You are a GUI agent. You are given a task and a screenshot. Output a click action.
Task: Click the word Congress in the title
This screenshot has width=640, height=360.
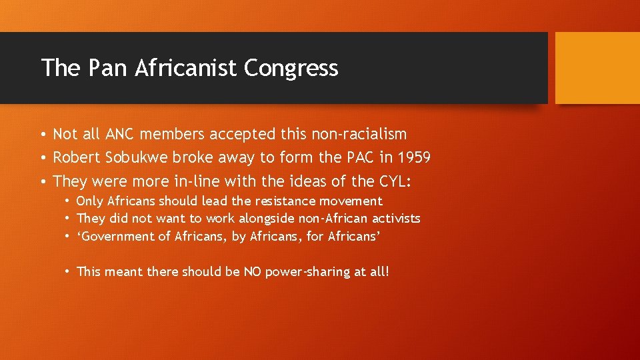(291, 69)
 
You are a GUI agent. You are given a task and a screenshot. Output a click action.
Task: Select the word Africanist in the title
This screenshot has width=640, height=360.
(187, 68)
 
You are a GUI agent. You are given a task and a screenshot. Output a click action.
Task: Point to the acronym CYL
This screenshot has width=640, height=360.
(399, 181)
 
